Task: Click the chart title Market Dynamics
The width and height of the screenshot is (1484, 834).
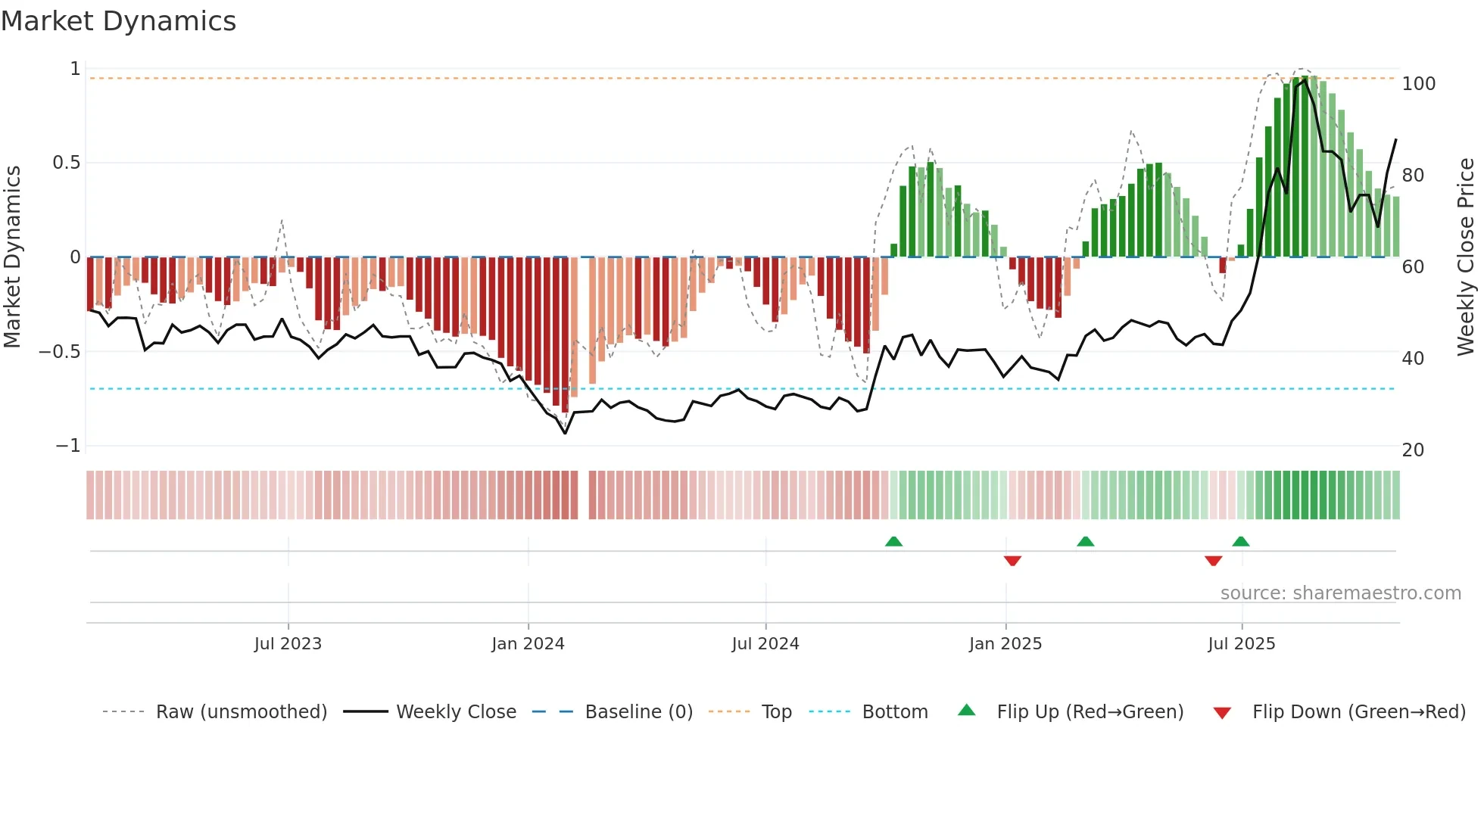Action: pyautogui.click(x=118, y=21)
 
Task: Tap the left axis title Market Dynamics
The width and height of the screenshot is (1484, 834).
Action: pyautogui.click(x=12, y=257)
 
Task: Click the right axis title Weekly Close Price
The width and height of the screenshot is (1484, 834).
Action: pyautogui.click(x=1466, y=257)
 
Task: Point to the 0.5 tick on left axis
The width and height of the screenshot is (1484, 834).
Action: pyautogui.click(x=66, y=163)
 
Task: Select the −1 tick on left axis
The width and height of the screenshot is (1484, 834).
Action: pyautogui.click(x=67, y=446)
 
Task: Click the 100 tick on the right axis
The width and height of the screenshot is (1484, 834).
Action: pyautogui.click(x=1418, y=84)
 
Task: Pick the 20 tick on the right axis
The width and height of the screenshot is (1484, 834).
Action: pyautogui.click(x=1413, y=450)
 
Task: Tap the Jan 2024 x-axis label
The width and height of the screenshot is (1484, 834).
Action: pyautogui.click(x=528, y=644)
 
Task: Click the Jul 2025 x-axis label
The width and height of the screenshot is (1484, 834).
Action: pyautogui.click(x=1241, y=644)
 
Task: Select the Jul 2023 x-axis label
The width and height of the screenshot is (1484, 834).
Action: pyautogui.click(x=288, y=644)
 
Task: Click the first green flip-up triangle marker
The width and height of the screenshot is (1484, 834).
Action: pyautogui.click(x=893, y=542)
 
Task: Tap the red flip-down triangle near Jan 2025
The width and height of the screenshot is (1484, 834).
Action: pyautogui.click(x=1012, y=561)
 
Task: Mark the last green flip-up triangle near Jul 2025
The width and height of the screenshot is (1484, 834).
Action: pyautogui.click(x=1240, y=542)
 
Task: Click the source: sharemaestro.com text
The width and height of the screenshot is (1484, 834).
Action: pyautogui.click(x=1340, y=593)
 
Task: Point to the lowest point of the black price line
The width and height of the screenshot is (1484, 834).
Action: pyautogui.click(x=565, y=433)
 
